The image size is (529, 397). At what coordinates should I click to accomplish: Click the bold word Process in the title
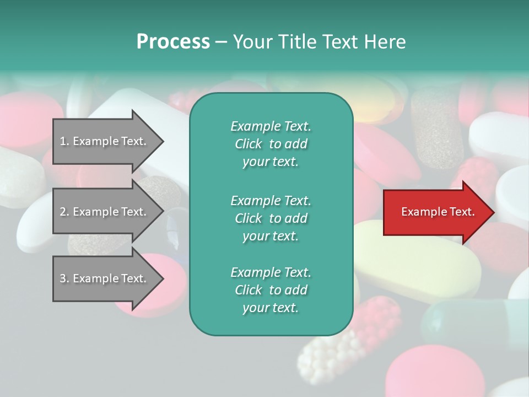click(x=173, y=42)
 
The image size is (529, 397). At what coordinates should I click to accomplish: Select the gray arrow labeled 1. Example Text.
click(x=105, y=142)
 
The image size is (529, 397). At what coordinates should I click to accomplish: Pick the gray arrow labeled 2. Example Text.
click(x=105, y=212)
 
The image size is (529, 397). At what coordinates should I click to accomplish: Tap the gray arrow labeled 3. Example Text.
click(x=105, y=278)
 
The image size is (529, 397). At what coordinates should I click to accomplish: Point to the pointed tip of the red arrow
click(x=493, y=212)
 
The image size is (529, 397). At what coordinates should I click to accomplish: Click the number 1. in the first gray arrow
click(x=64, y=142)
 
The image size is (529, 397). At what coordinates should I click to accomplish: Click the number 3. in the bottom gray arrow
click(x=64, y=278)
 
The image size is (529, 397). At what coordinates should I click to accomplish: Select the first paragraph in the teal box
click(x=271, y=144)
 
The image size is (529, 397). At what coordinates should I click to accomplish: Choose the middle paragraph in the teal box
click(x=271, y=218)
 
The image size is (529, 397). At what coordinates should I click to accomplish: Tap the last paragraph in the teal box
click(x=271, y=290)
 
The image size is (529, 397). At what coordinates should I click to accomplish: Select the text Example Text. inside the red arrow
click(x=438, y=212)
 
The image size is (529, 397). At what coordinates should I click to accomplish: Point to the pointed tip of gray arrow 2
click(x=163, y=212)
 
